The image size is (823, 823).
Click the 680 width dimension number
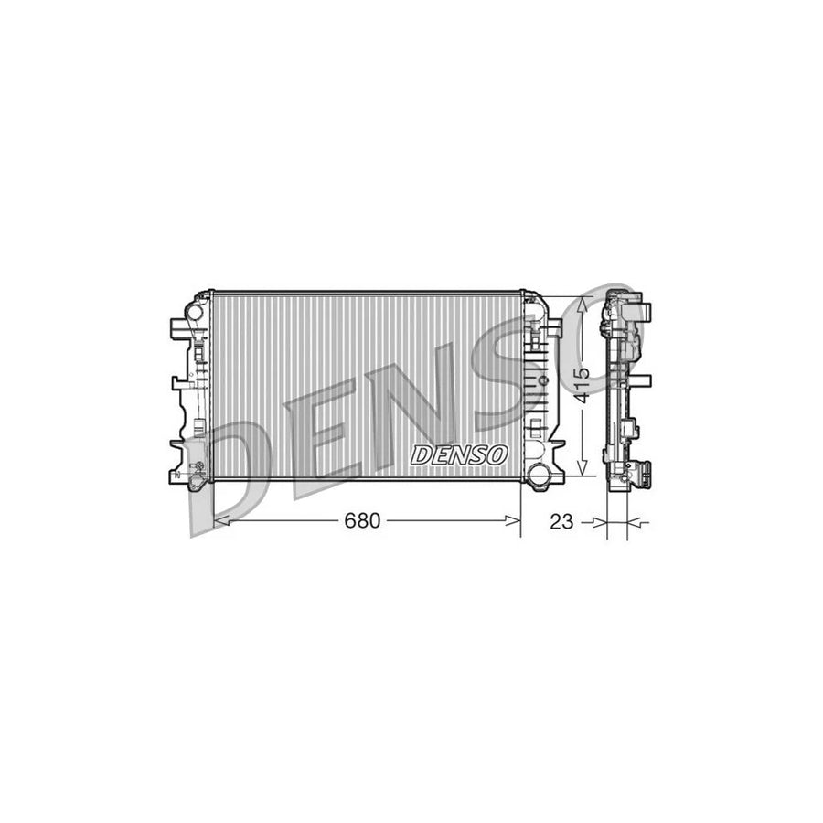(361, 521)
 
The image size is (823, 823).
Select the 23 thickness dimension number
(562, 522)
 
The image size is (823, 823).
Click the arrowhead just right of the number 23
(600, 522)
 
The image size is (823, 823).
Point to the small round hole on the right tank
(544, 379)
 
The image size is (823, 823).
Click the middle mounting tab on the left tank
(176, 384)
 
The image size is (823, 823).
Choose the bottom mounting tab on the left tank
(178, 446)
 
